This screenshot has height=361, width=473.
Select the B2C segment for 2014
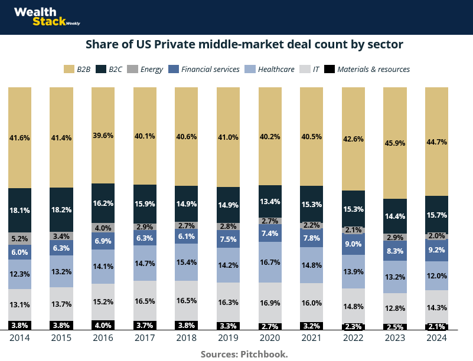pos(19,210)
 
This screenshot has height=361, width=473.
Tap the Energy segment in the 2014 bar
pos(19,238)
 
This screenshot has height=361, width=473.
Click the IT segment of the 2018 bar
pos(186,301)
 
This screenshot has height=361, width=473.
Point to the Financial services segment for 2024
pos(437,250)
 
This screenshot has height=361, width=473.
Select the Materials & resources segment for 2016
pos(103,325)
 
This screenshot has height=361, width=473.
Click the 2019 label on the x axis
pos(228,339)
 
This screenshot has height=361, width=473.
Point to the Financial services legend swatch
pos(173,69)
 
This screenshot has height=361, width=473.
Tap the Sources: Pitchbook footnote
pos(244,354)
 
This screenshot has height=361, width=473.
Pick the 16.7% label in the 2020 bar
pos(270,261)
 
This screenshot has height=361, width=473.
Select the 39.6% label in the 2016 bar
pos(103,135)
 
